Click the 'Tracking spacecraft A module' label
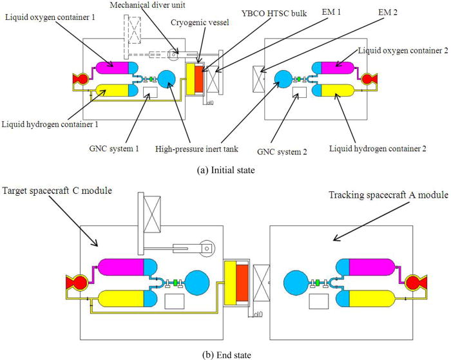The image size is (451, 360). pyautogui.click(x=389, y=194)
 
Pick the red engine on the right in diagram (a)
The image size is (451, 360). pyautogui.click(x=370, y=80)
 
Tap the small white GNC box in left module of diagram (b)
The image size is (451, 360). pyautogui.click(x=175, y=301)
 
